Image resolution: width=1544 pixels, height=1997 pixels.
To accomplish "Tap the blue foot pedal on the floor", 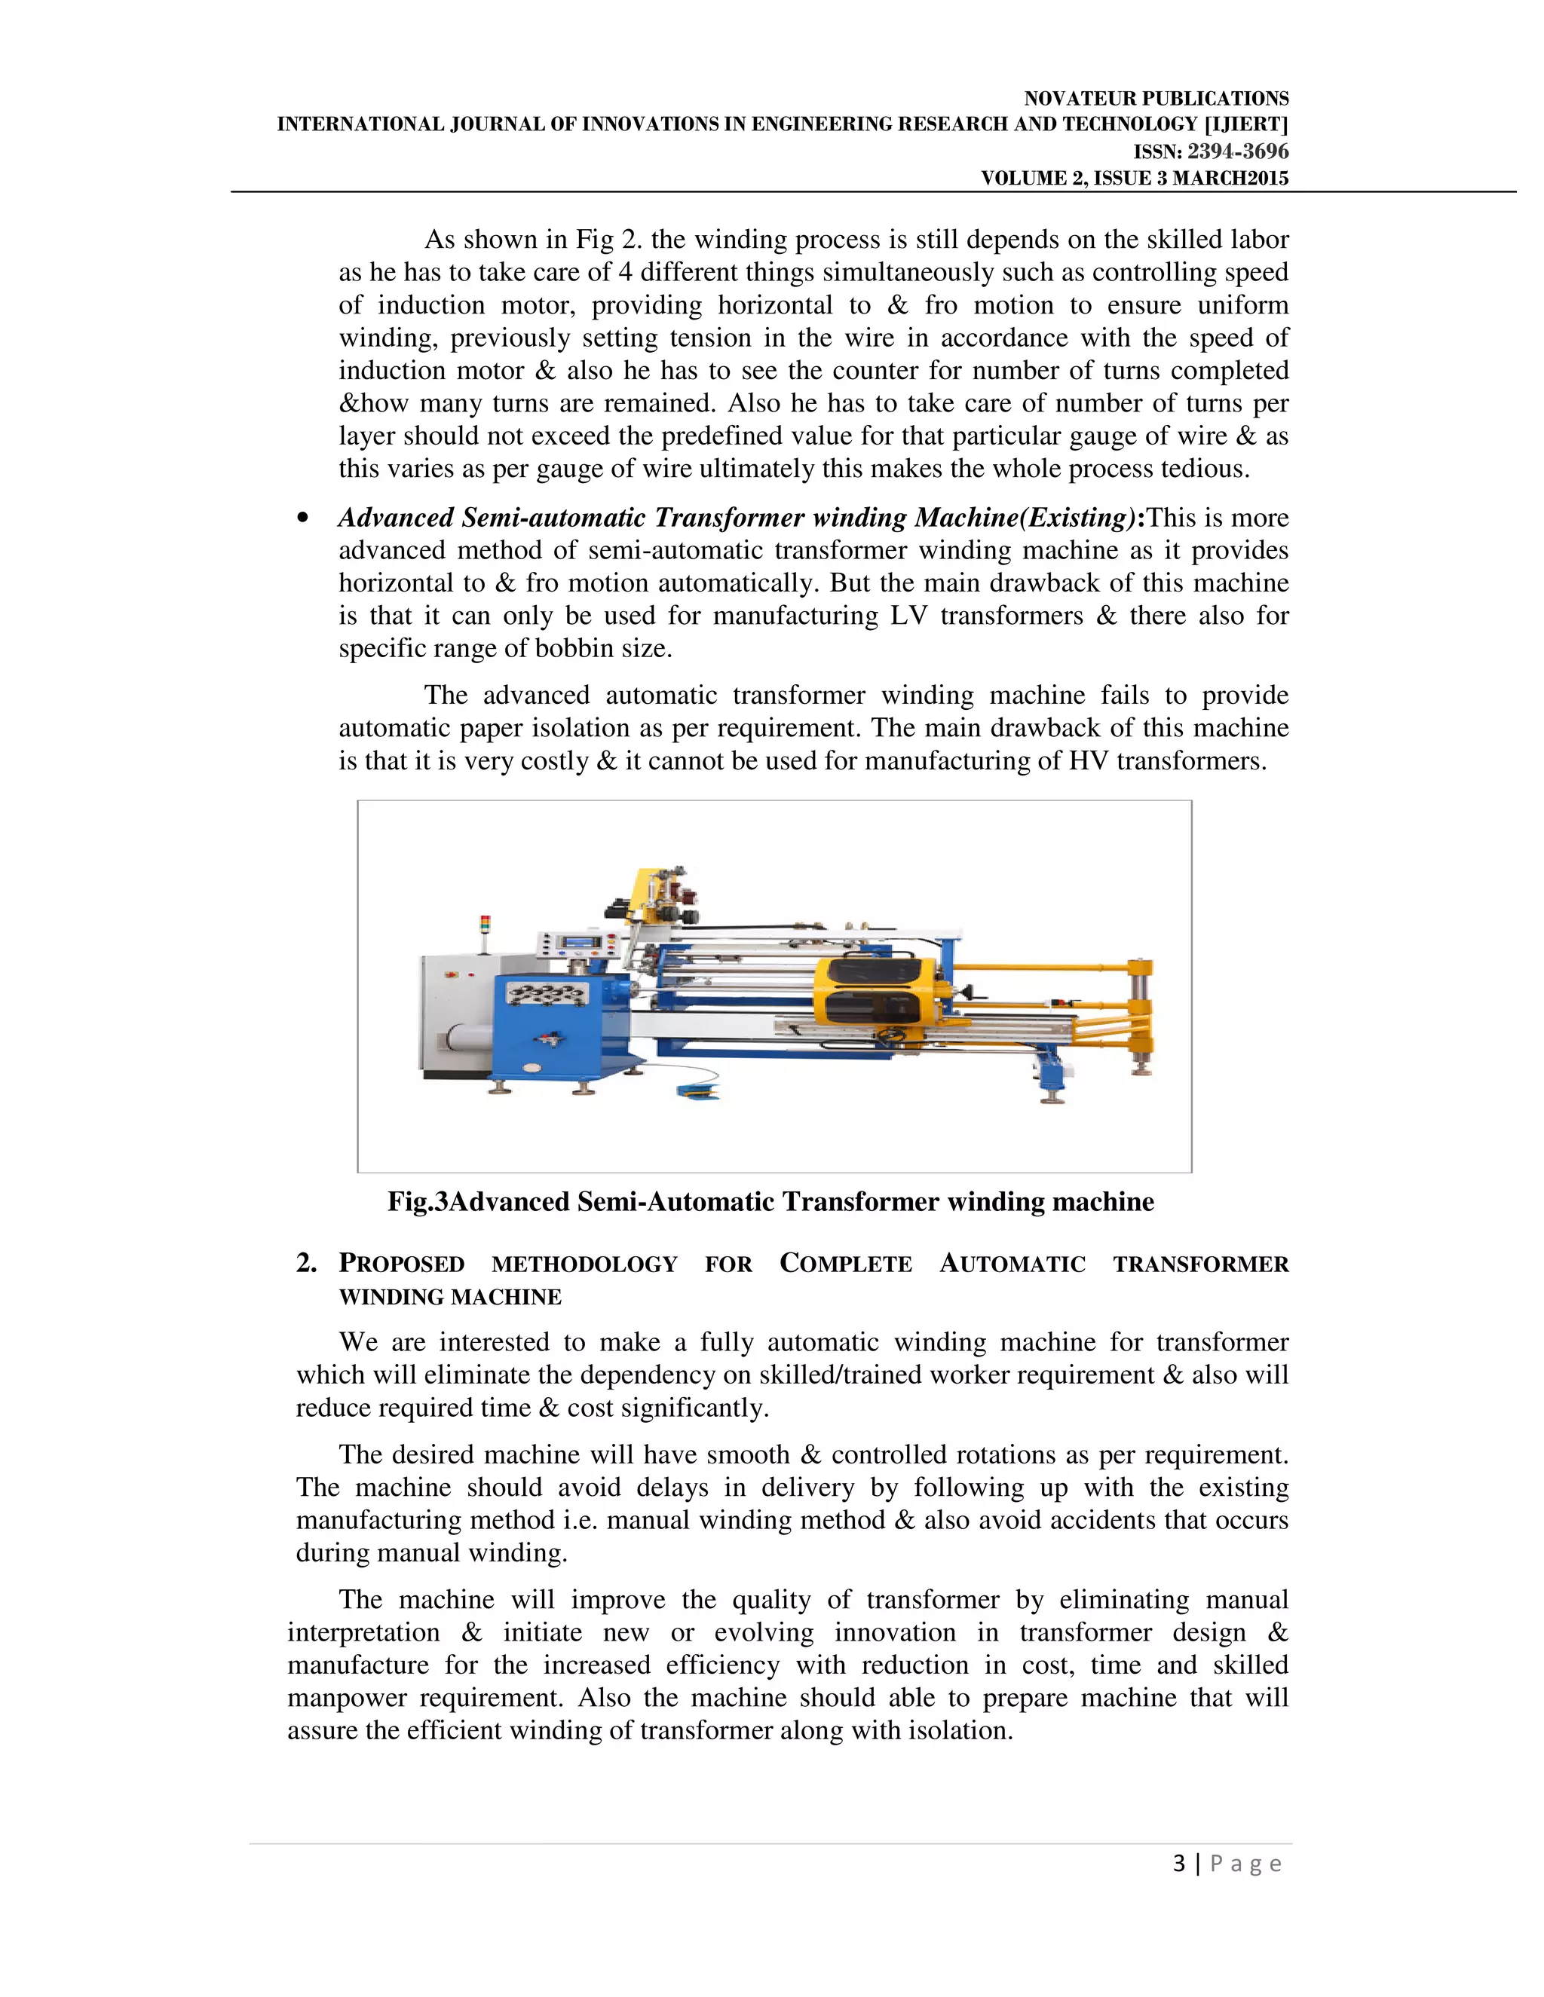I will click(x=698, y=1090).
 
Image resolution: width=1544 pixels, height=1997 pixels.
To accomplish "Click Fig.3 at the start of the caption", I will click(x=417, y=1201).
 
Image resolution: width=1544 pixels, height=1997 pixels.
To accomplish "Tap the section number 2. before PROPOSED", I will click(x=305, y=1263).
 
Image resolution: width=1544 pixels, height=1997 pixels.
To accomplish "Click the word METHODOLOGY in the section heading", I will click(x=584, y=1265).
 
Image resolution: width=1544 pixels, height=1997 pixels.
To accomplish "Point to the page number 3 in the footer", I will click(x=1179, y=1864).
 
